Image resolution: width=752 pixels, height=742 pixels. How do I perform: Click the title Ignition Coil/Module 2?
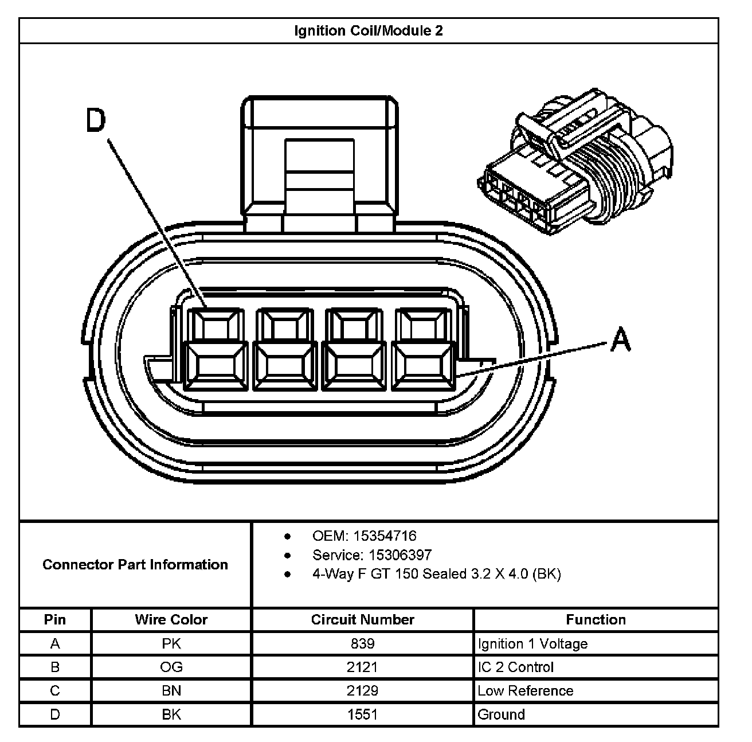click(368, 30)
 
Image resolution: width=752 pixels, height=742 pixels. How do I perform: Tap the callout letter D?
click(96, 121)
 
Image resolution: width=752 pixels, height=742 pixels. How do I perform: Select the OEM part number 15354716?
click(385, 536)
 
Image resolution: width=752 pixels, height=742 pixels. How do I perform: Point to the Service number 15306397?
click(400, 555)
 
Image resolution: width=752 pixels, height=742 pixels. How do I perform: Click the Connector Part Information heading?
click(135, 565)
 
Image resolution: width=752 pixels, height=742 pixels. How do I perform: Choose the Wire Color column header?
click(171, 620)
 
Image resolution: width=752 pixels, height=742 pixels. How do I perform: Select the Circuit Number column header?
click(362, 620)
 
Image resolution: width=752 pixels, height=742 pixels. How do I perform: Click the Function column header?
click(596, 620)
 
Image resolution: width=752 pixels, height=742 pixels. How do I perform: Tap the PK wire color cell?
click(171, 644)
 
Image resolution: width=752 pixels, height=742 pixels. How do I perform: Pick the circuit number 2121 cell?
click(362, 667)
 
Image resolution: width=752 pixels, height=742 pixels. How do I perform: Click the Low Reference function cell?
click(525, 691)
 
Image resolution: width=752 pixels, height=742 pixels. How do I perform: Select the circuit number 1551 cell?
click(362, 714)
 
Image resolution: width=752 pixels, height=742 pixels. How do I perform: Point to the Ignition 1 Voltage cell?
click(532, 644)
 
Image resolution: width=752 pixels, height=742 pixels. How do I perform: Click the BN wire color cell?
click(171, 691)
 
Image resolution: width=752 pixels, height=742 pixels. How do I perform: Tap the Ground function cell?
click(501, 714)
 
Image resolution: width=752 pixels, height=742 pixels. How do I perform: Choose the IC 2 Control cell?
click(515, 667)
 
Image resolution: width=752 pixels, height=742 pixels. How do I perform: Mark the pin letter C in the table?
click(55, 691)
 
